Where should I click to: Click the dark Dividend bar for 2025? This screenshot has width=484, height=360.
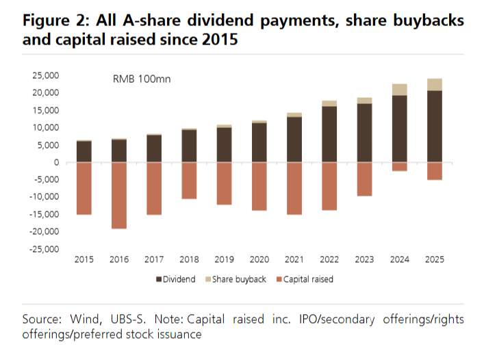435,127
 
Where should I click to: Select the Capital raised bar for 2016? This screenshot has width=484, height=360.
119,195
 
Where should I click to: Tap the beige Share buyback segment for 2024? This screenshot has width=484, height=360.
400,90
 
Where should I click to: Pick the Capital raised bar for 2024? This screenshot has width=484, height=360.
400,166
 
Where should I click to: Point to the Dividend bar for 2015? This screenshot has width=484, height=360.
84,151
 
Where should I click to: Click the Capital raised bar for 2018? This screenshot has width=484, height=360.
189,181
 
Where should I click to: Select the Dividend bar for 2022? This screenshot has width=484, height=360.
329,134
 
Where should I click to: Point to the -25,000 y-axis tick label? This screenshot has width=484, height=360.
43,249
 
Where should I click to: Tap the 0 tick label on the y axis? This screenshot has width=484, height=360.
57,162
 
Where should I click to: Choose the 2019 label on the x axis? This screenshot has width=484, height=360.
224,259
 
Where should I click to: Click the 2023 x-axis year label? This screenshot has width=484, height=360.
364,259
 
